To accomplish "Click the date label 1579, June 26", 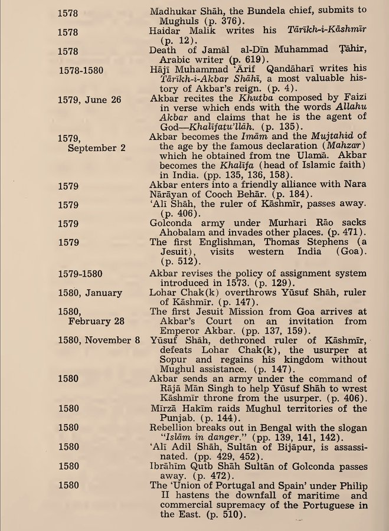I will [x=90, y=100].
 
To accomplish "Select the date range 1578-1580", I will [x=82, y=70].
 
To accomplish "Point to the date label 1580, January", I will [x=90, y=293].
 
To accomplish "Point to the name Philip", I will [x=352, y=486].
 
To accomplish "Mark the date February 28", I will [x=97, y=321].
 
